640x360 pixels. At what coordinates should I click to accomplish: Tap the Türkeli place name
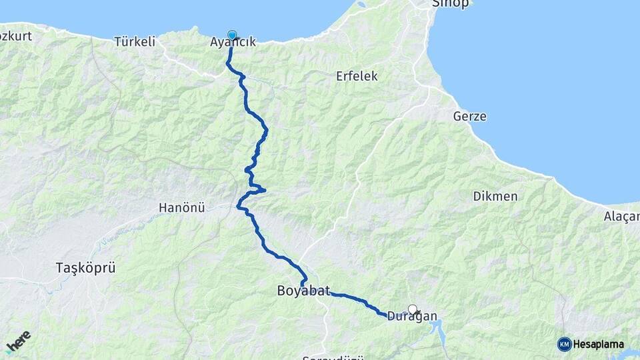click(135, 41)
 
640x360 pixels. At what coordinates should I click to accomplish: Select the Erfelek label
click(357, 76)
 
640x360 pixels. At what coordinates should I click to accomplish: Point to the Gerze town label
click(470, 117)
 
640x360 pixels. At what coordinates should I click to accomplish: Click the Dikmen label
click(495, 196)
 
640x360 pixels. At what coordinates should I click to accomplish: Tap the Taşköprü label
click(86, 268)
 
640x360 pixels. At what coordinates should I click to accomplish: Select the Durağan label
click(412, 317)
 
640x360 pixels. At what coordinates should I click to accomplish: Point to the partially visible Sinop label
click(451, 3)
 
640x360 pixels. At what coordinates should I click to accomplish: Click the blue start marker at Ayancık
click(232, 35)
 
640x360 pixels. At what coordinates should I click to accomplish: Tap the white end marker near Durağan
click(413, 309)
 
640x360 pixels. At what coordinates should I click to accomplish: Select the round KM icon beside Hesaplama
click(564, 344)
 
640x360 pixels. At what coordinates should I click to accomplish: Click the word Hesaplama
click(599, 344)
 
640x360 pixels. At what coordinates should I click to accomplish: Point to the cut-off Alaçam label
click(621, 216)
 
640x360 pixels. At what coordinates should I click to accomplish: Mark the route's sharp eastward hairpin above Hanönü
click(264, 191)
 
